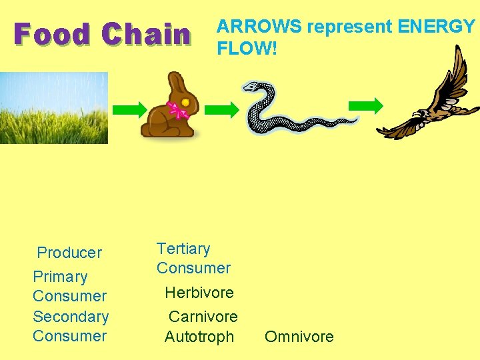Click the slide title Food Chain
[102, 35]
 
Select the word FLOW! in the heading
[247, 48]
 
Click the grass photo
[53, 108]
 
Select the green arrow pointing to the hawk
[366, 105]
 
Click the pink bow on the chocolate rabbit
[178, 109]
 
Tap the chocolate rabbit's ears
[177, 83]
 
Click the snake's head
[252, 87]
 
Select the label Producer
[69, 253]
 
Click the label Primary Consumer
[69, 286]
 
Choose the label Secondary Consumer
[70, 326]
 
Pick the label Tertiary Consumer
[193, 259]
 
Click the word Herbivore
[199, 293]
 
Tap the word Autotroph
[199, 337]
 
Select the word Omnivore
[299, 337]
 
